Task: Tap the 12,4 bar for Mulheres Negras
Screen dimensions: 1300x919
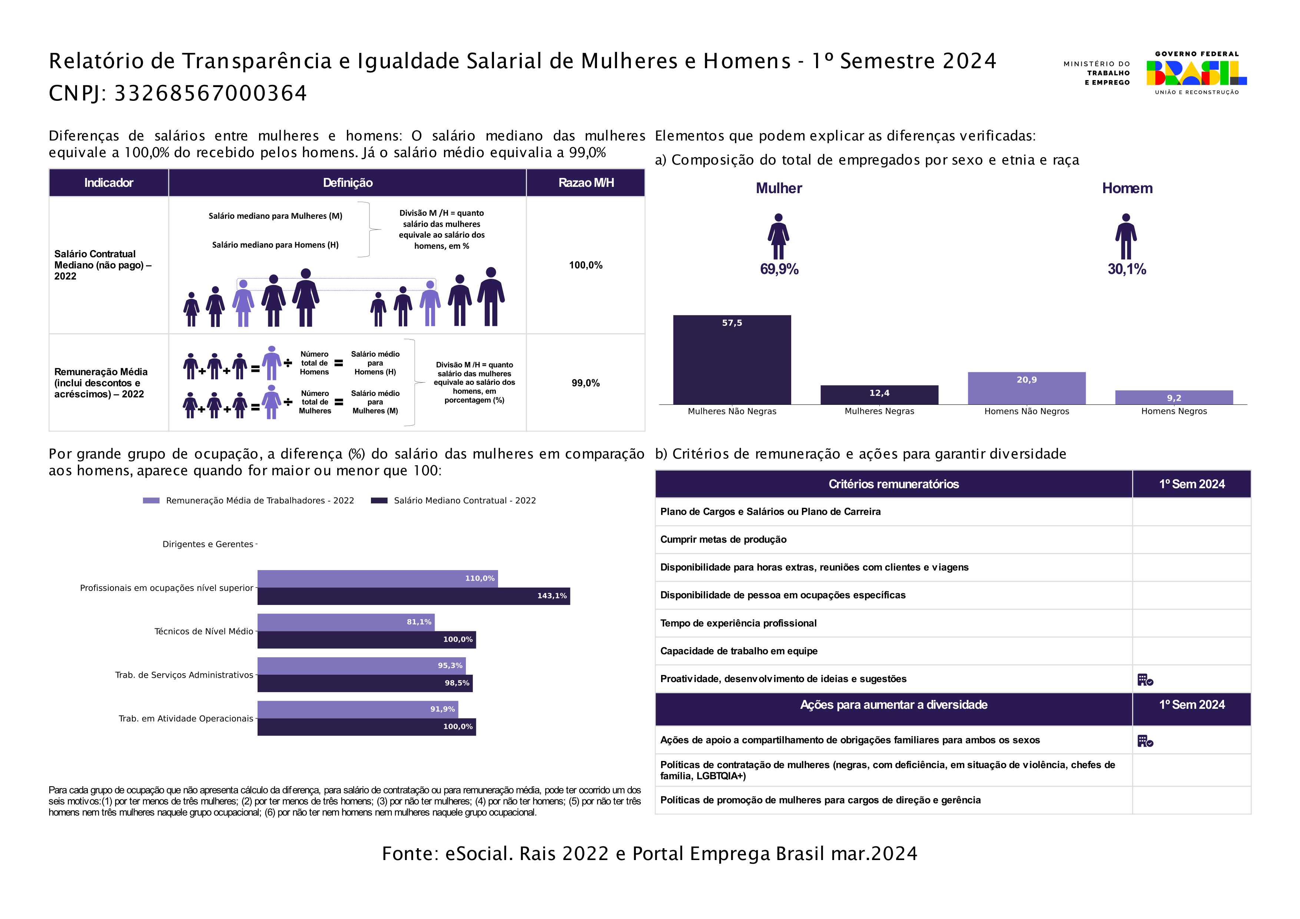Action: click(x=879, y=395)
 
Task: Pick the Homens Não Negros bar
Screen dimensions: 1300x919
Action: click(x=1027, y=388)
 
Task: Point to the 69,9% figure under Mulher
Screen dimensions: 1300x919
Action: click(x=779, y=269)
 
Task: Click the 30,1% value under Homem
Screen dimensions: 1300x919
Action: click(x=1127, y=269)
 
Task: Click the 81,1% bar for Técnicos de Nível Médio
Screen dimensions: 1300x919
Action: click(x=346, y=622)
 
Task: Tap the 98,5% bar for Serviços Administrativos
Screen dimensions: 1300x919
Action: click(x=365, y=683)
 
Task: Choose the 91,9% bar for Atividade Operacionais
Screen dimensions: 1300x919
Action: click(x=358, y=709)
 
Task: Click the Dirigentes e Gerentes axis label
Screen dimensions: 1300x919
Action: click(x=208, y=544)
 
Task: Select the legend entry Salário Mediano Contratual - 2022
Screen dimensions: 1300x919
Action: click(x=453, y=500)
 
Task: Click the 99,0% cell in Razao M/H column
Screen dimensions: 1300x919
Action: click(x=586, y=383)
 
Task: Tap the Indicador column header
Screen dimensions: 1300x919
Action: click(x=109, y=182)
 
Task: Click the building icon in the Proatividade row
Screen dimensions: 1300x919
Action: click(x=1145, y=680)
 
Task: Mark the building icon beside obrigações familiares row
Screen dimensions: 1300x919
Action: click(x=1145, y=741)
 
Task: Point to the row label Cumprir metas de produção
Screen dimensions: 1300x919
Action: click(x=723, y=539)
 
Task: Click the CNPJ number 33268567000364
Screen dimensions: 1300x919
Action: click(x=210, y=93)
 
